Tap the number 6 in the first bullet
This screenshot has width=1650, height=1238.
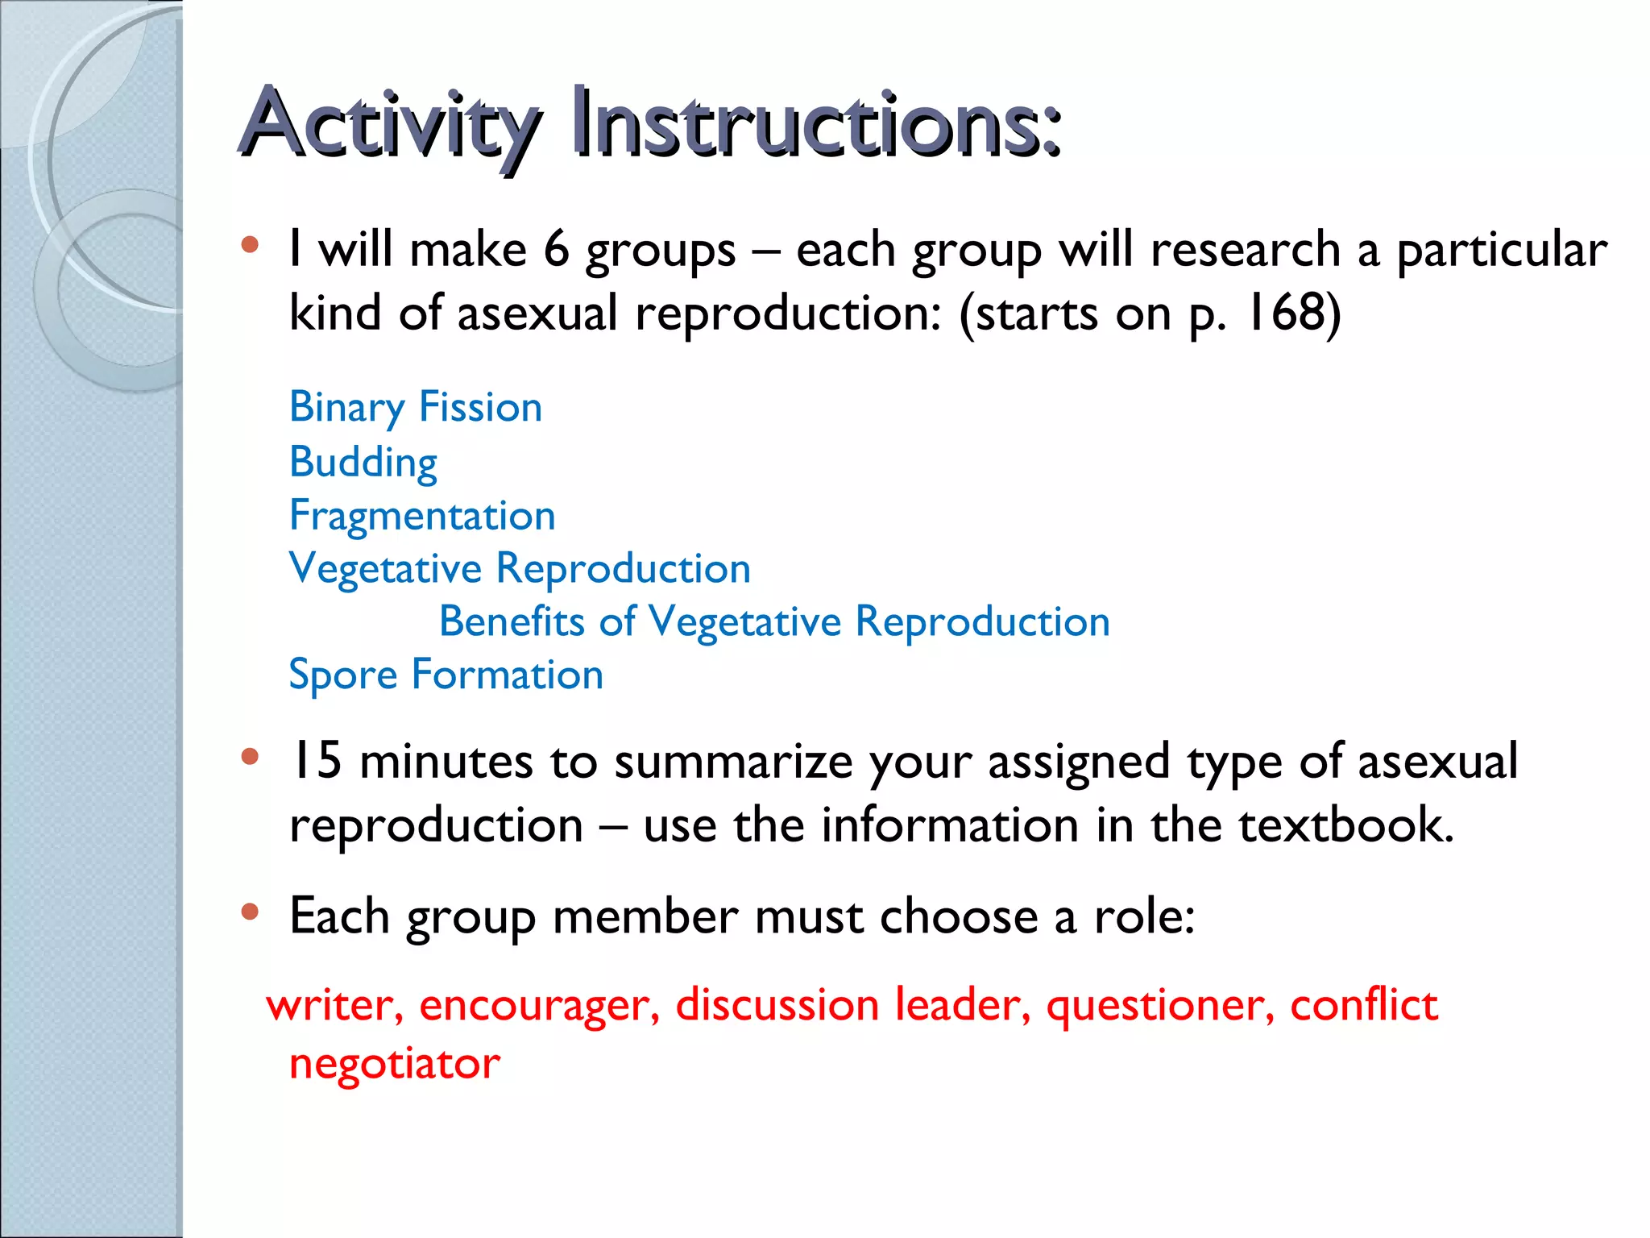(556, 249)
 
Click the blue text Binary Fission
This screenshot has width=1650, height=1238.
(416, 407)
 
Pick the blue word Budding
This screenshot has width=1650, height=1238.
(363, 463)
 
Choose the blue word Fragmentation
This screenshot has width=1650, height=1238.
(422, 516)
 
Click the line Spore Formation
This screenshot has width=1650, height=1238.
(446, 675)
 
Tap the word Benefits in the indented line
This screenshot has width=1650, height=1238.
(512, 622)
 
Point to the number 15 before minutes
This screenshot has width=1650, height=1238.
(316, 761)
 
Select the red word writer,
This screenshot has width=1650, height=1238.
(335, 1006)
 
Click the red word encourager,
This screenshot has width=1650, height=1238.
(539, 1006)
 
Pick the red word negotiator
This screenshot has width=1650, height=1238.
(395, 1064)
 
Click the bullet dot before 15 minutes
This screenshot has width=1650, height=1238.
(250, 757)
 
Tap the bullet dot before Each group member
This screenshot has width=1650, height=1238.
(250, 912)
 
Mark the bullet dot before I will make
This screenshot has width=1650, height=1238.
(250, 244)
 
